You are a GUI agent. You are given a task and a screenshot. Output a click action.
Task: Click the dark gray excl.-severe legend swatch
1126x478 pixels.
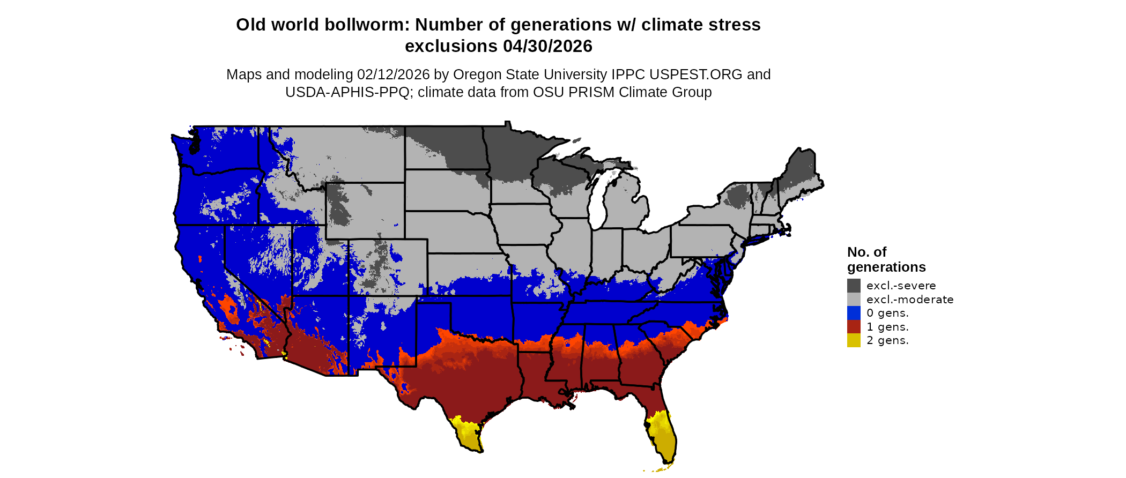pos(854,286)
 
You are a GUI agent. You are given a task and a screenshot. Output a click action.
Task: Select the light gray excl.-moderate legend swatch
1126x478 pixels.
pos(854,300)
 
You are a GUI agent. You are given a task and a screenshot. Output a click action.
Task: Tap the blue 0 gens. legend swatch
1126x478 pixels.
pos(854,313)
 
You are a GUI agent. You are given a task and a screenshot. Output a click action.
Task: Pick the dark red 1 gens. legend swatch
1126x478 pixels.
pos(854,327)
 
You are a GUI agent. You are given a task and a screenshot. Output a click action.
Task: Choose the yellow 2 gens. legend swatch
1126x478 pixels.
pos(854,340)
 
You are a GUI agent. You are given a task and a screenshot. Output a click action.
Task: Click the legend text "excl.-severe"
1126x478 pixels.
pos(901,286)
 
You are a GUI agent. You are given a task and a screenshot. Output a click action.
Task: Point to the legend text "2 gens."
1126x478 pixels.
pos(887,340)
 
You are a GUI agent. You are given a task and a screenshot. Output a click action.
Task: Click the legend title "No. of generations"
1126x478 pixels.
pos(886,259)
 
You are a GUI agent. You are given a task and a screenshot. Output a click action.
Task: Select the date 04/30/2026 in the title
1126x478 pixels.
pos(547,46)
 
